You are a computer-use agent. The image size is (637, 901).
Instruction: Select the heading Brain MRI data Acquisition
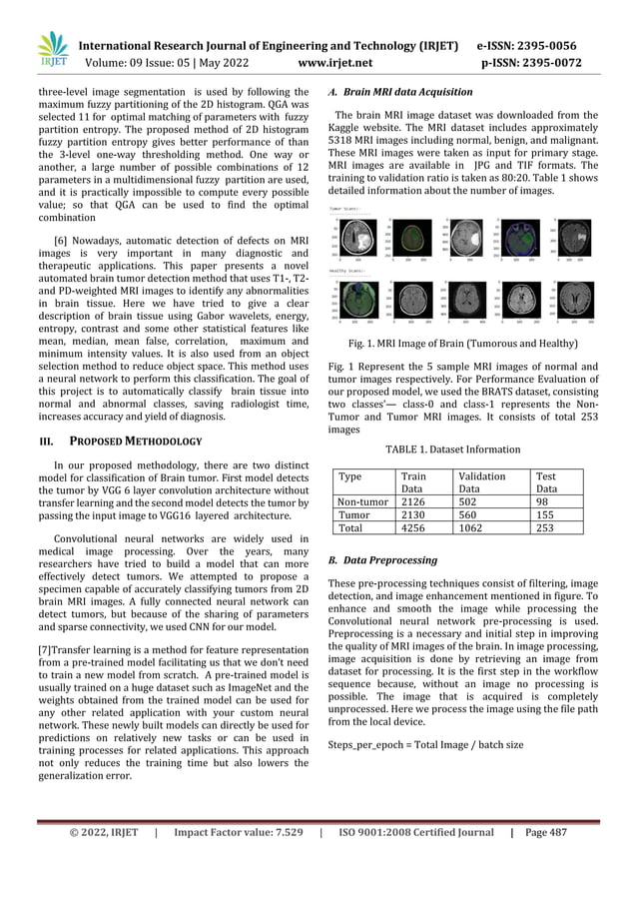[x=400, y=92]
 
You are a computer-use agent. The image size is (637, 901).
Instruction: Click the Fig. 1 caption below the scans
[x=464, y=344]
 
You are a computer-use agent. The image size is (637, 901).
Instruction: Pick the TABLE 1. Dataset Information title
[x=464, y=450]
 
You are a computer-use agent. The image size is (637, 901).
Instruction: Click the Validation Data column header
[x=479, y=483]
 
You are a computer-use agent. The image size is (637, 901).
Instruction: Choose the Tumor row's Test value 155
[x=547, y=515]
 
